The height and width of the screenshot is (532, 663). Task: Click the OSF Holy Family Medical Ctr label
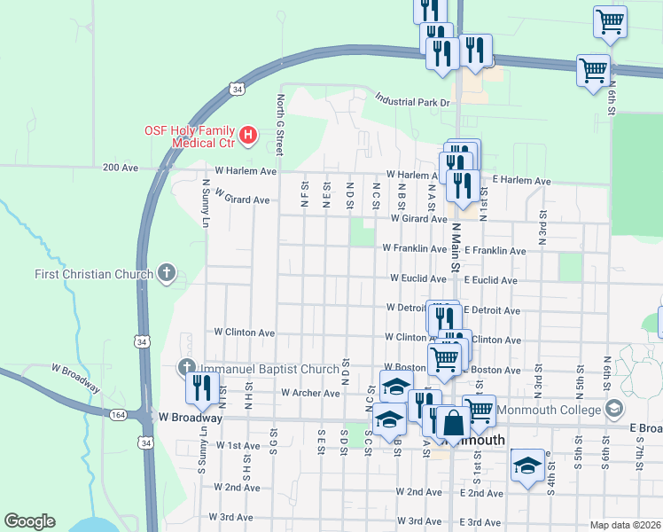click(x=190, y=136)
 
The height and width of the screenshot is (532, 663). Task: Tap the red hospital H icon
click(x=249, y=136)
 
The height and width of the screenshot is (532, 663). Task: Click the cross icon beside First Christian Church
click(x=166, y=273)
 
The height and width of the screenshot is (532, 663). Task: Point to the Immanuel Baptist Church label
click(x=268, y=369)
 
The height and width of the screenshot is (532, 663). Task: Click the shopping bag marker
click(x=453, y=426)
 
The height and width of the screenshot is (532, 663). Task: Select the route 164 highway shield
click(x=117, y=414)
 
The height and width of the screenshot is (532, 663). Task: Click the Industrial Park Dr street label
click(x=412, y=99)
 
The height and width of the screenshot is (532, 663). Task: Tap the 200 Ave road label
click(x=121, y=167)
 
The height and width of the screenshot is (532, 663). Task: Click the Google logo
click(x=29, y=521)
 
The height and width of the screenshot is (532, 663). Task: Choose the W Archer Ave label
click(x=310, y=393)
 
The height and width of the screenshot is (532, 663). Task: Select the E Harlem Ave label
click(x=521, y=181)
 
